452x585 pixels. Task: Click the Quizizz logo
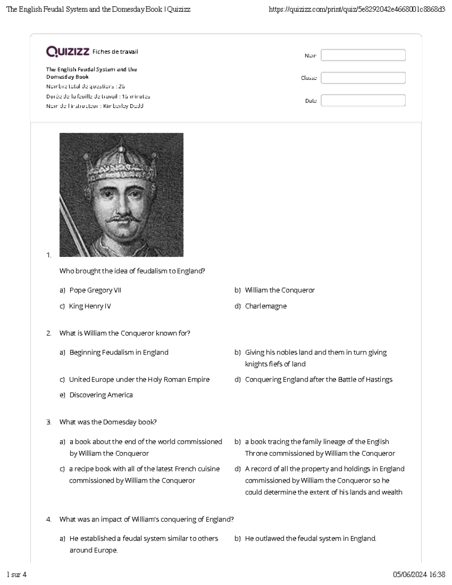[x=68, y=51]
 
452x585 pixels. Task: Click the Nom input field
[x=363, y=55]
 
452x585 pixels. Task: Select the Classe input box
[x=363, y=78]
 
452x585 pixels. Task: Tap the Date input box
[x=363, y=101]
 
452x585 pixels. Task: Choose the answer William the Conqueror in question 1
[x=279, y=290]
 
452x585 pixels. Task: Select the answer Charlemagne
[x=266, y=306]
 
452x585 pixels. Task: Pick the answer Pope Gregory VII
[x=95, y=290]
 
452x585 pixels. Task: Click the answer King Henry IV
[x=90, y=306]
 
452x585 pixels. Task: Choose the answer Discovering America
[x=101, y=395]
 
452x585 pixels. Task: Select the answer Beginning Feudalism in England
[x=119, y=352]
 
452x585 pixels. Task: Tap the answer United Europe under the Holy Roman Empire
[x=139, y=379]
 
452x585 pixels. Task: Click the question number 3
[x=49, y=422]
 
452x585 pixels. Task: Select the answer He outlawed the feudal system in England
[x=310, y=538]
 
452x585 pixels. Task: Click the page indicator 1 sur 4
[x=17, y=574]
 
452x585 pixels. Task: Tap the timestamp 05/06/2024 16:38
[x=419, y=574]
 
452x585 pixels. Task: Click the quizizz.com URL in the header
[x=357, y=9]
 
